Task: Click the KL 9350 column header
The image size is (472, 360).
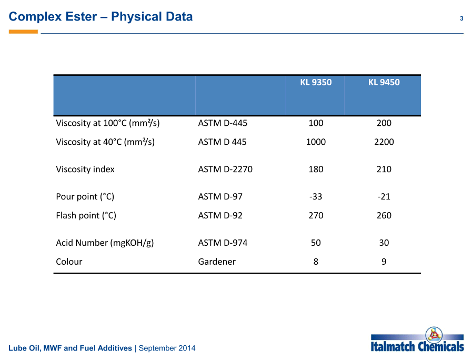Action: pyautogui.click(x=316, y=82)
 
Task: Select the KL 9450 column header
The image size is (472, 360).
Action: pyautogui.click(x=384, y=82)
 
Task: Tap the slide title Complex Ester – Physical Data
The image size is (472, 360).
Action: pyautogui.click(x=101, y=16)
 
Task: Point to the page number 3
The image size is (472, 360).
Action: pyautogui.click(x=461, y=18)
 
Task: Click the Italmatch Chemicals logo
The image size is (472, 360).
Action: pyautogui.click(x=417, y=339)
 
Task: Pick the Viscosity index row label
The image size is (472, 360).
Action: pyautogui.click(x=85, y=169)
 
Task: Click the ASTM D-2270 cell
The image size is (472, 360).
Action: pyautogui.click(x=225, y=169)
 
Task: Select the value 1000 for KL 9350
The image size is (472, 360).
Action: pyautogui.click(x=316, y=142)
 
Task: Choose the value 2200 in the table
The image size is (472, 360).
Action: pyautogui.click(x=384, y=142)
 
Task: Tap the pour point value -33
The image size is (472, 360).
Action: pyautogui.click(x=316, y=196)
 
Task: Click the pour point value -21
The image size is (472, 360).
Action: pyautogui.click(x=384, y=196)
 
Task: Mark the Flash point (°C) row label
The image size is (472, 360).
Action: pyautogui.click(x=86, y=215)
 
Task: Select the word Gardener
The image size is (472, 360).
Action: pyautogui.click(x=217, y=262)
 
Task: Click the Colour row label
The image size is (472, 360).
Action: pyautogui.click(x=69, y=262)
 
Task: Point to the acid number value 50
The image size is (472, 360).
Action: pyautogui.click(x=316, y=243)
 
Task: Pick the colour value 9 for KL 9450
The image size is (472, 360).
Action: pyautogui.click(x=384, y=262)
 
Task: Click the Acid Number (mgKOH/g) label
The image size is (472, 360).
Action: pyautogui.click(x=105, y=243)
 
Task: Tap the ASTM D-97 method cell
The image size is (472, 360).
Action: pyautogui.click(x=220, y=196)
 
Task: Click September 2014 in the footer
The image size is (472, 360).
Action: pyautogui.click(x=167, y=348)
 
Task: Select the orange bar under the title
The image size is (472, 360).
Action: pyautogui.click(x=23, y=32)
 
